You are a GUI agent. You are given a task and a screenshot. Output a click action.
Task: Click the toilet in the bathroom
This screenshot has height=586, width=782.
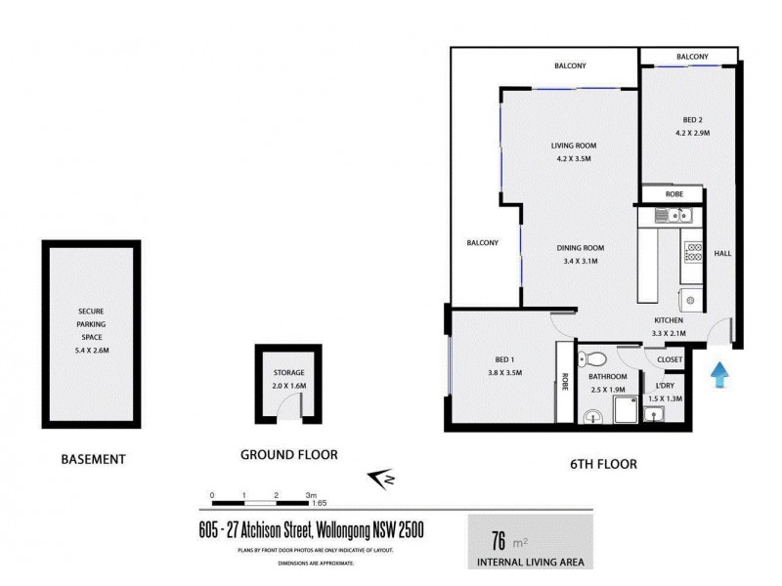pyautogui.click(x=582, y=356)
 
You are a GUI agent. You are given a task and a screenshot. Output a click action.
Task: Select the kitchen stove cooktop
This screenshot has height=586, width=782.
pyautogui.click(x=693, y=254)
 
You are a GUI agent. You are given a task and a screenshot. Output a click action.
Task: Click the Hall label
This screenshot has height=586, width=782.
pyautogui.click(x=722, y=254)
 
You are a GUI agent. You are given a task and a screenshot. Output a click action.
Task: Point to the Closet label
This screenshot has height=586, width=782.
pyautogui.click(x=670, y=360)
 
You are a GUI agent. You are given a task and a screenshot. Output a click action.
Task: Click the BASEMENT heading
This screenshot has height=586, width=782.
pyautogui.click(x=93, y=458)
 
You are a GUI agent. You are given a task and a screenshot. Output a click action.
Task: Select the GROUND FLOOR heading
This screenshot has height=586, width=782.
pyautogui.click(x=288, y=454)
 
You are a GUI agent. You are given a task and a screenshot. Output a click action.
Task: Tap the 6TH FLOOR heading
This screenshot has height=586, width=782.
pyautogui.click(x=602, y=464)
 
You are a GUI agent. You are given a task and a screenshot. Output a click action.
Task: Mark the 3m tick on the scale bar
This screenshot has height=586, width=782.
pyautogui.click(x=311, y=496)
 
